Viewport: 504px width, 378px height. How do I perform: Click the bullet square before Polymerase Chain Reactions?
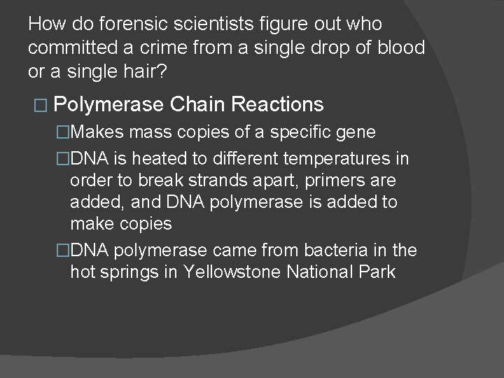(38, 106)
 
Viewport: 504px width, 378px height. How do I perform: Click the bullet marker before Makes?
(64, 132)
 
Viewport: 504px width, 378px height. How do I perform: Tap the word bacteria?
(337, 249)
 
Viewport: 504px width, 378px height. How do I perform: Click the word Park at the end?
(377, 272)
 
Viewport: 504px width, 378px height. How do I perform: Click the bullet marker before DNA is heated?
(64, 158)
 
